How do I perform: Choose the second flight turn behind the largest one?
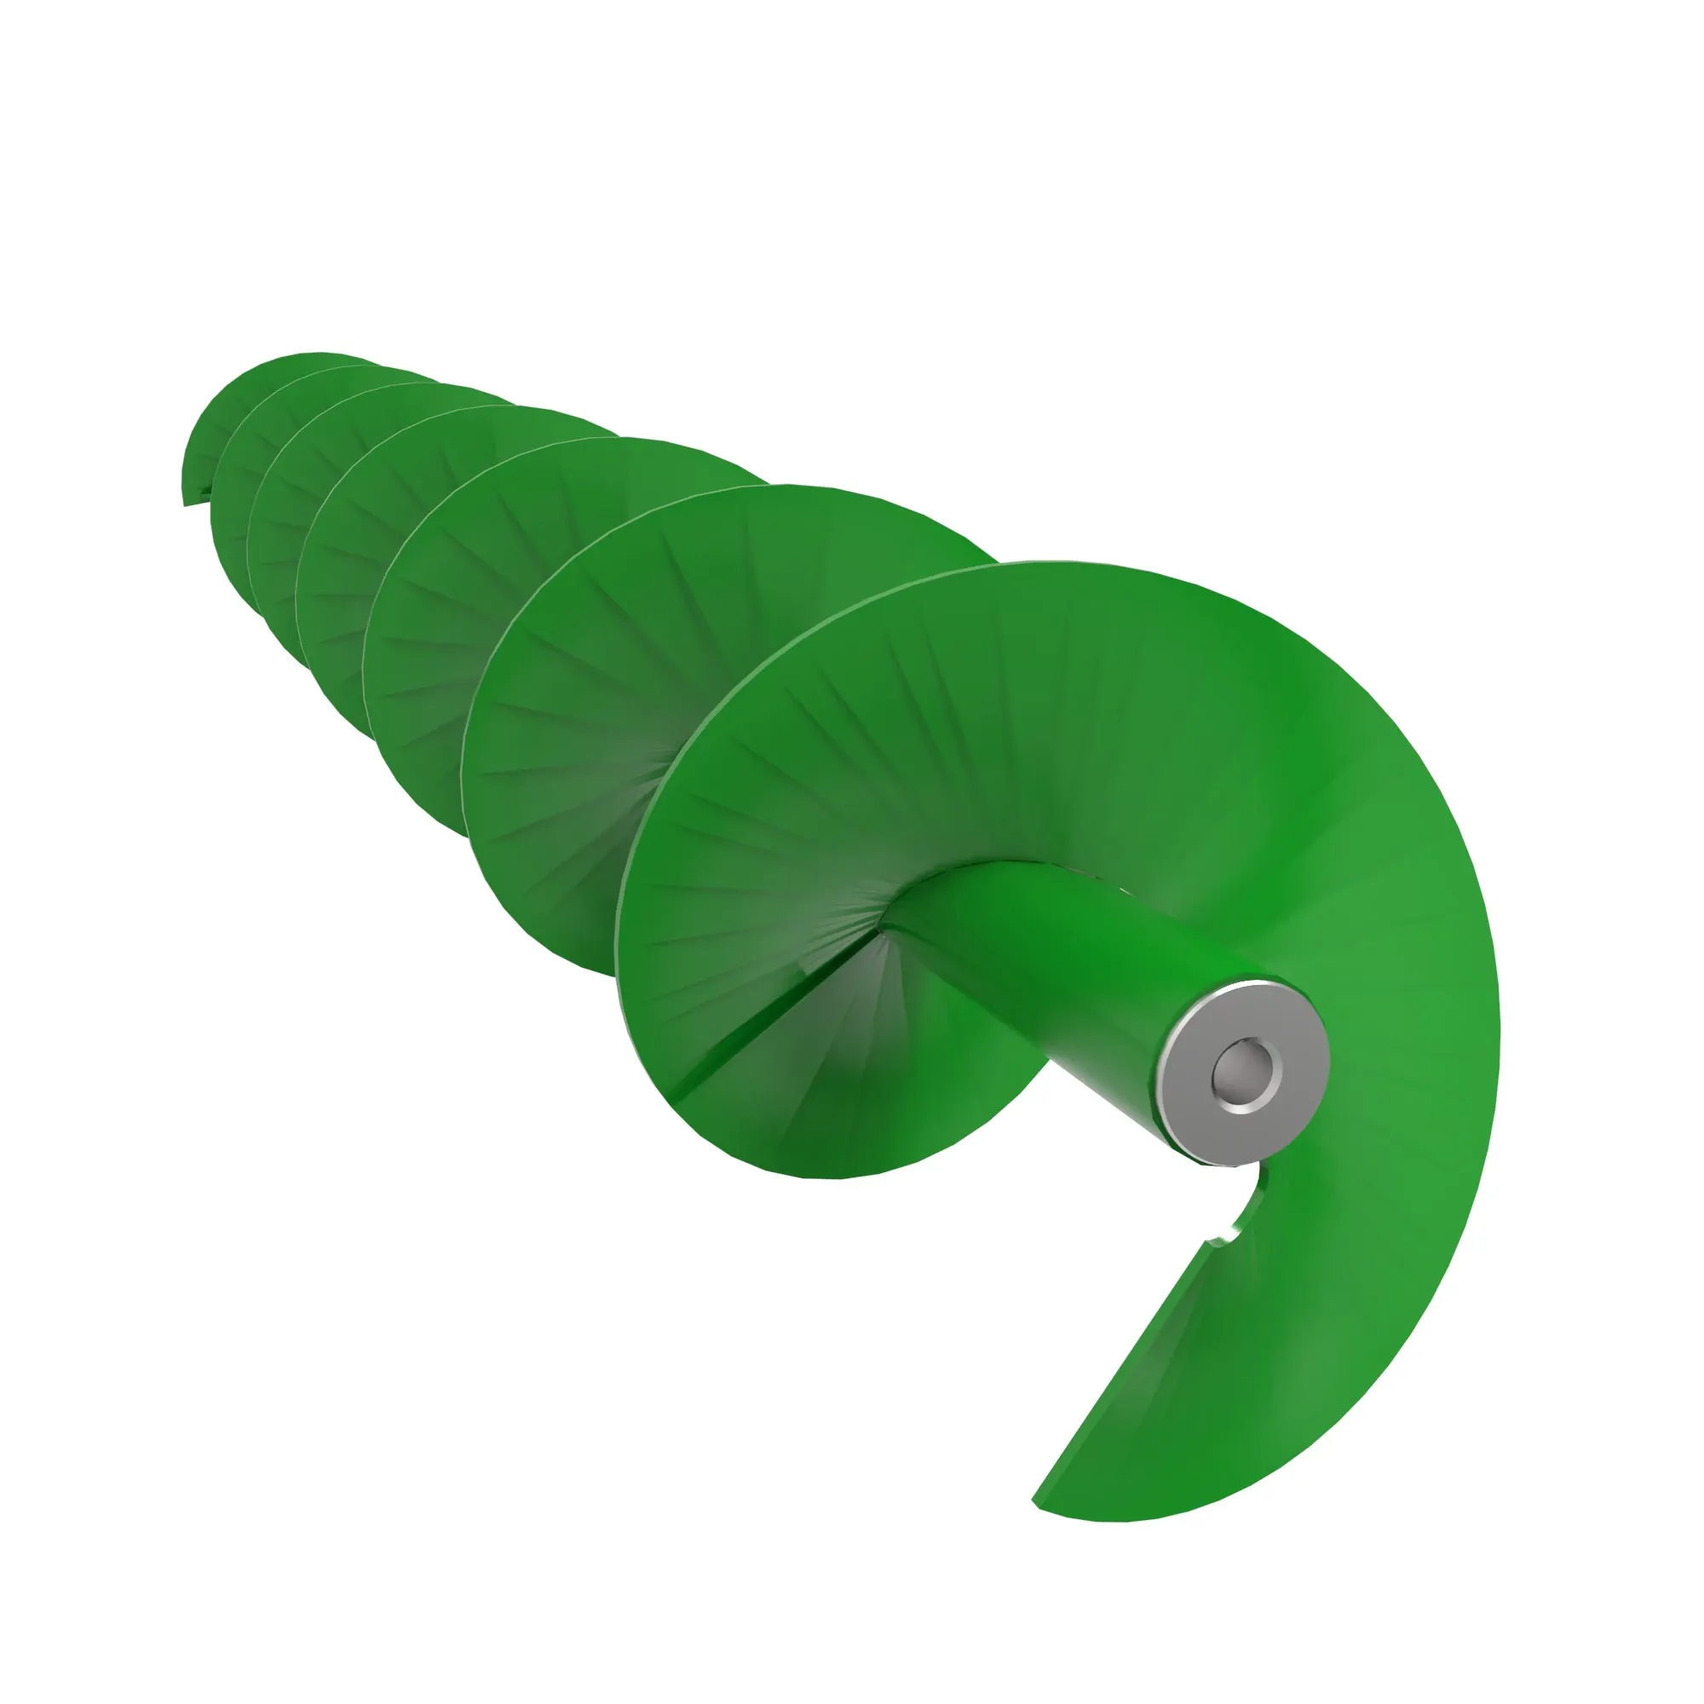pyautogui.click(x=573, y=705)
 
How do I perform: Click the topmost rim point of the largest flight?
pyautogui.click(x=1058, y=565)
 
